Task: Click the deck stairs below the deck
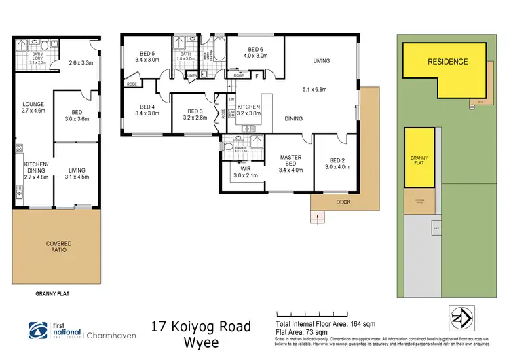tap(316, 217)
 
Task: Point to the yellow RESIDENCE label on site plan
tap(447, 62)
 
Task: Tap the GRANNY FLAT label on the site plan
tap(419, 160)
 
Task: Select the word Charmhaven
tap(111, 334)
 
